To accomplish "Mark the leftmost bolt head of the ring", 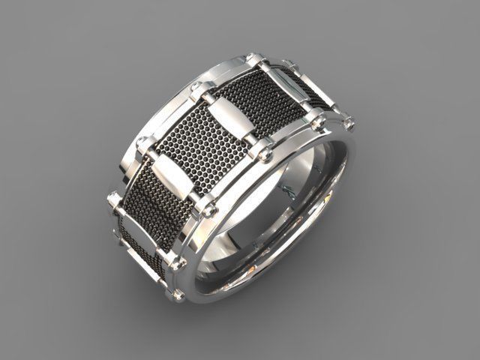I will pos(113,199).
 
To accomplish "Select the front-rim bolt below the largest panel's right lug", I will pos(264,153).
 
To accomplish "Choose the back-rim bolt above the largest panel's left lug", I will pos(144,144).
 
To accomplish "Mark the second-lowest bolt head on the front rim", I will pos(177,264).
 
